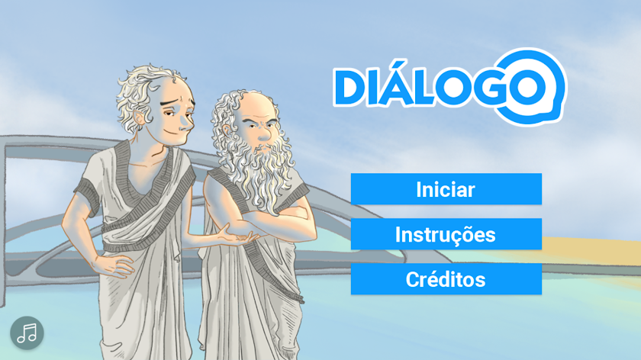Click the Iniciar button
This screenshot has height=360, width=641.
coord(446,189)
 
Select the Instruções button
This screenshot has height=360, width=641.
coord(446,233)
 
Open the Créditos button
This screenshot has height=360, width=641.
coord(446,278)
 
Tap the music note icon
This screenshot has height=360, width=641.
coord(27,333)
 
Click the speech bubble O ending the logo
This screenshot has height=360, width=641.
coord(529,87)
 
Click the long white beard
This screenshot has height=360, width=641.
coord(262,172)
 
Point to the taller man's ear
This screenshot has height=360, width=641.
coord(139,118)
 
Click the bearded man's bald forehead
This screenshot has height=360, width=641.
coord(256,105)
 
